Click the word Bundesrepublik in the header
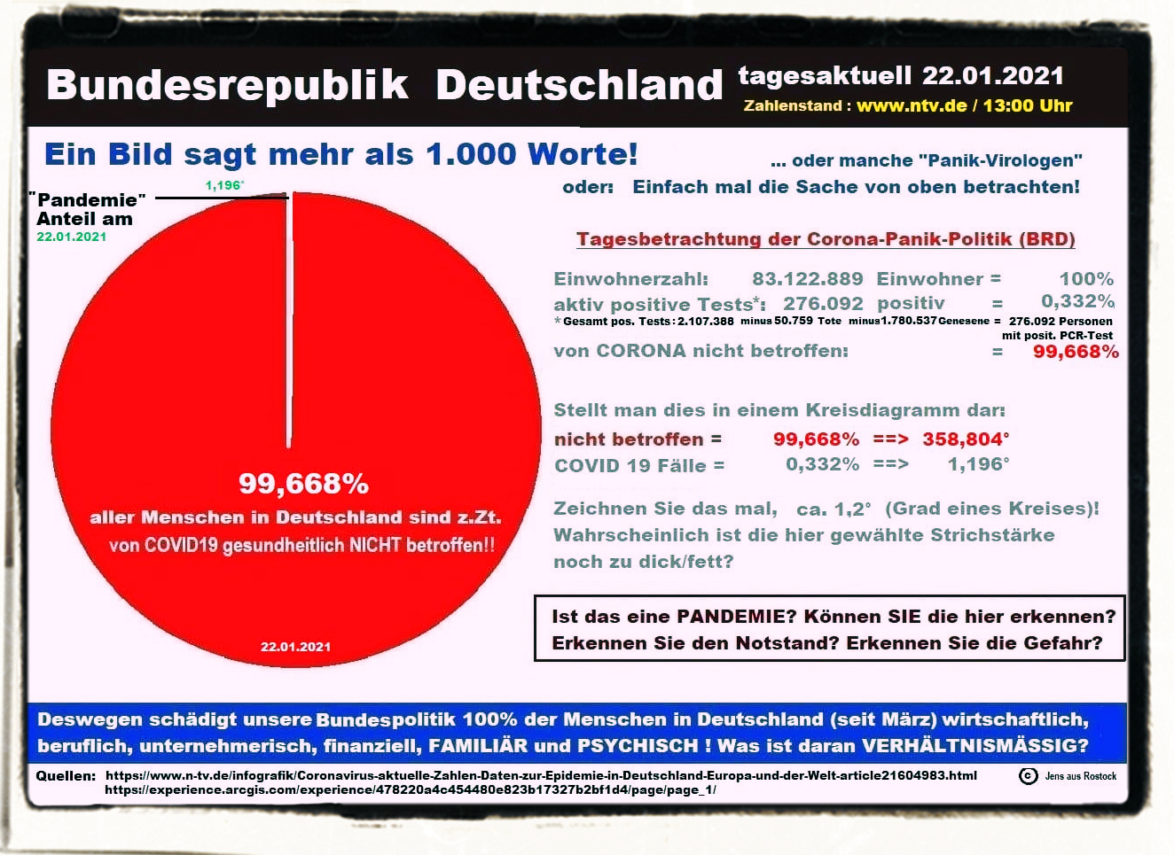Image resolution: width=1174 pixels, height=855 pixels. pos(227,85)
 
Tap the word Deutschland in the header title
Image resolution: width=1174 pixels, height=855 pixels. pos(579,85)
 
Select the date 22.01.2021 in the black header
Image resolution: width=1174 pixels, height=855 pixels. pos(992,75)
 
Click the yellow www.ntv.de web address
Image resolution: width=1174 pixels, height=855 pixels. pos(912,106)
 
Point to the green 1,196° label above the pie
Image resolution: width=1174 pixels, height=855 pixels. pos(224,185)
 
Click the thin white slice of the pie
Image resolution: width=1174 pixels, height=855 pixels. pos(289,319)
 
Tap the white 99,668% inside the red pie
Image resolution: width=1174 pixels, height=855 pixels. pos(303,484)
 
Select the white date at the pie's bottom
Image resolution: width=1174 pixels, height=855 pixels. pos(295,647)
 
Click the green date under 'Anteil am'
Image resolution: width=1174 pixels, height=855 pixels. pos(71,237)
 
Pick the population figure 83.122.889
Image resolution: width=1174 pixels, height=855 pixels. pos(807,279)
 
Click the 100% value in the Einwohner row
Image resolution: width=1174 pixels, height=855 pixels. pos(1086,279)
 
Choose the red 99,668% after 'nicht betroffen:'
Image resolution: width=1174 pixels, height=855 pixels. pos(1076,352)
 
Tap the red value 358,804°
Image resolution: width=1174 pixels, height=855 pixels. pos(966,439)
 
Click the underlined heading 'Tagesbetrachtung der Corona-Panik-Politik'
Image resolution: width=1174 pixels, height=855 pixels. pos(825,239)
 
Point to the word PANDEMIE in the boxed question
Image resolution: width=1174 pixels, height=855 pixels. pos(737,617)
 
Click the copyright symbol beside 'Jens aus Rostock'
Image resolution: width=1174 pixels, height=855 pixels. pos(1028,776)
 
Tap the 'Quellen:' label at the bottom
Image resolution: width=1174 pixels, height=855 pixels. pos(66,776)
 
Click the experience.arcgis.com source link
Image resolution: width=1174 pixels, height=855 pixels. pos(410,789)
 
